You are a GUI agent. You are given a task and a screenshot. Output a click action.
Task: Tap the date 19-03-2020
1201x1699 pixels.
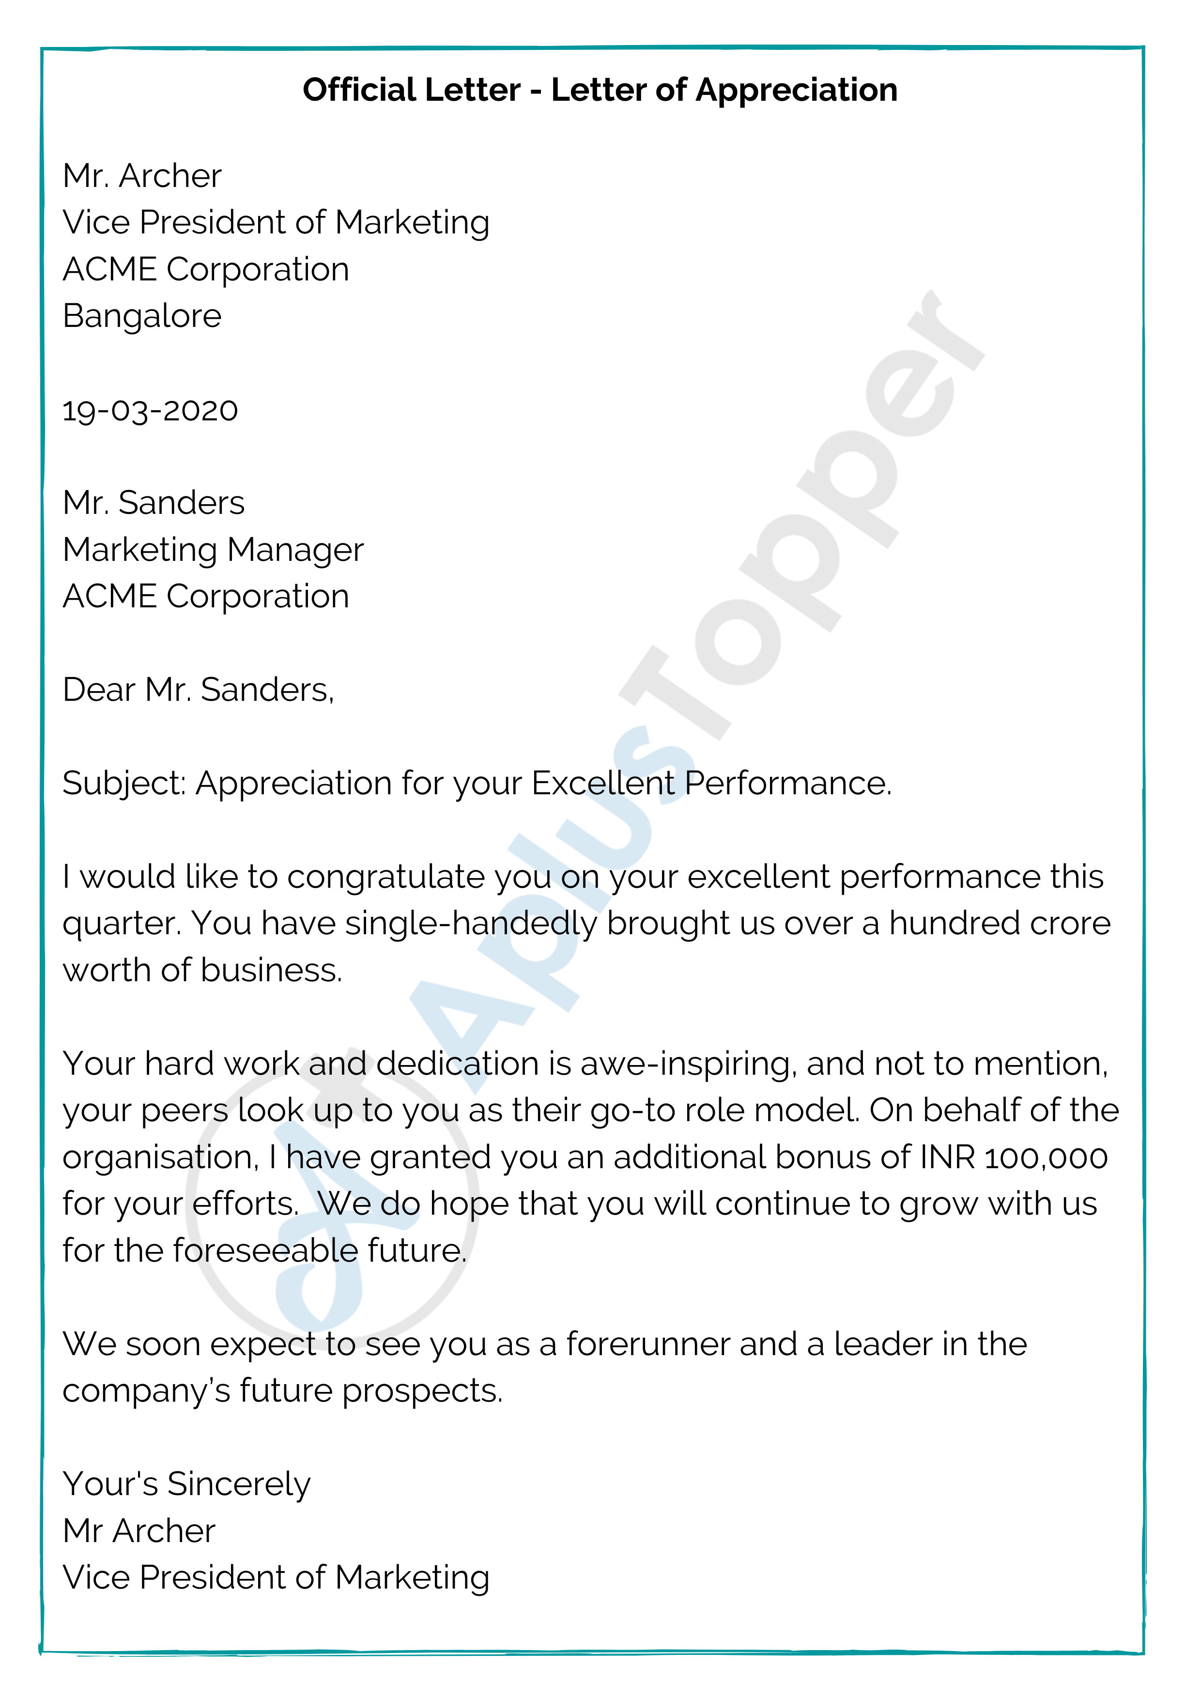[150, 411]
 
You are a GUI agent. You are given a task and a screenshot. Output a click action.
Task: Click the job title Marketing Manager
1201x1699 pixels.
[213, 550]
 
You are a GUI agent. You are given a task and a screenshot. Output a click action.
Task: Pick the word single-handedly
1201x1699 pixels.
[471, 924]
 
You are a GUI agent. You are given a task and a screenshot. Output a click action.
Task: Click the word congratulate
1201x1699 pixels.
[385, 877]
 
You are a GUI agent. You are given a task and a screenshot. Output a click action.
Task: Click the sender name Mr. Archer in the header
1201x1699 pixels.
[142, 176]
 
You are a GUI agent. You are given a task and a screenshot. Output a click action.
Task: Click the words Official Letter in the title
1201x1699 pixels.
[412, 90]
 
